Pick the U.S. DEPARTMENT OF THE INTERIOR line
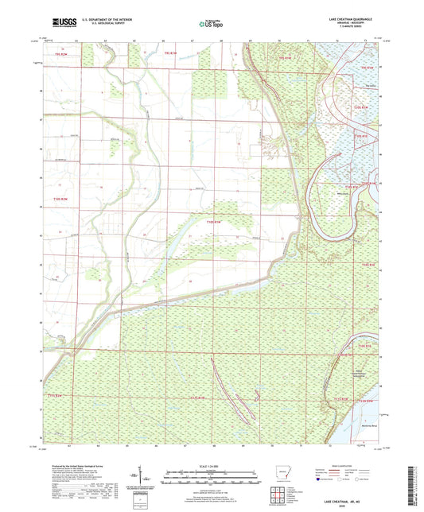tap(108, 18)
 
